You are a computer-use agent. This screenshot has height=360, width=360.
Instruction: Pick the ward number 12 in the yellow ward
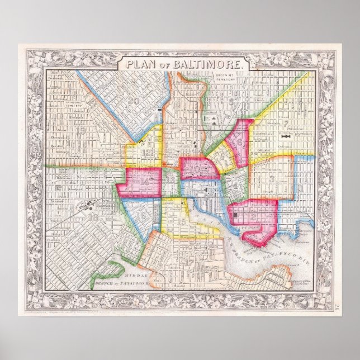click(x=146, y=151)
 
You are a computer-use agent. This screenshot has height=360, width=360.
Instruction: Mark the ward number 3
click(x=272, y=179)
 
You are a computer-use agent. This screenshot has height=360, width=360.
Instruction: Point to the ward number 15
click(x=180, y=222)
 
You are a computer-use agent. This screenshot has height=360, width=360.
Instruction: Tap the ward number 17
click(x=191, y=261)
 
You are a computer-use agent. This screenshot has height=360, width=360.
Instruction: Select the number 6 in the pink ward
click(x=239, y=143)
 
